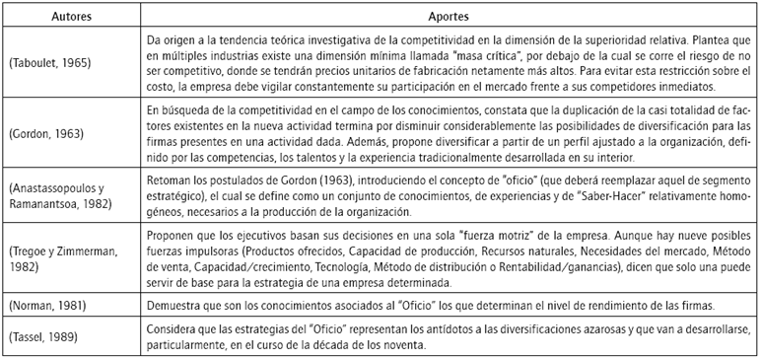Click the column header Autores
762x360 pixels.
[66, 18]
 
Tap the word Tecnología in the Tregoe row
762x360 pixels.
[404, 267]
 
